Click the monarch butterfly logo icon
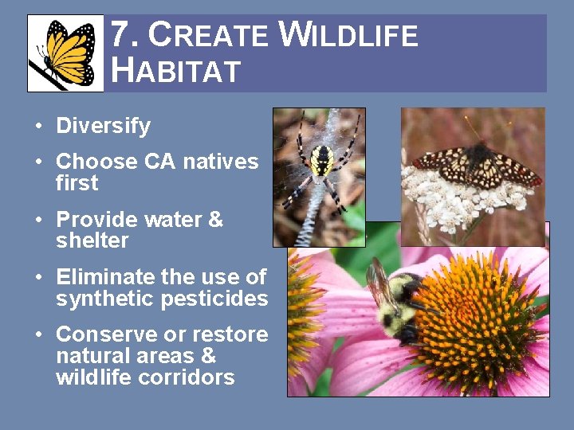coord(65,53)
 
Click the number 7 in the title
coord(120,34)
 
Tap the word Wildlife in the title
coord(348,34)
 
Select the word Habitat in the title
coord(175,70)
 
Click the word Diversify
coord(103,126)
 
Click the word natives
coord(221,162)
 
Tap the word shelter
coord(92,240)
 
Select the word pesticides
coord(214,299)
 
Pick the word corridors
coord(186,377)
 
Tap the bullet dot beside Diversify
coord(39,126)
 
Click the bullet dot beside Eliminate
coord(39,277)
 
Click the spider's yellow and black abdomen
coord(322,161)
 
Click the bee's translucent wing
coord(381,282)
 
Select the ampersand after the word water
coord(215,220)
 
